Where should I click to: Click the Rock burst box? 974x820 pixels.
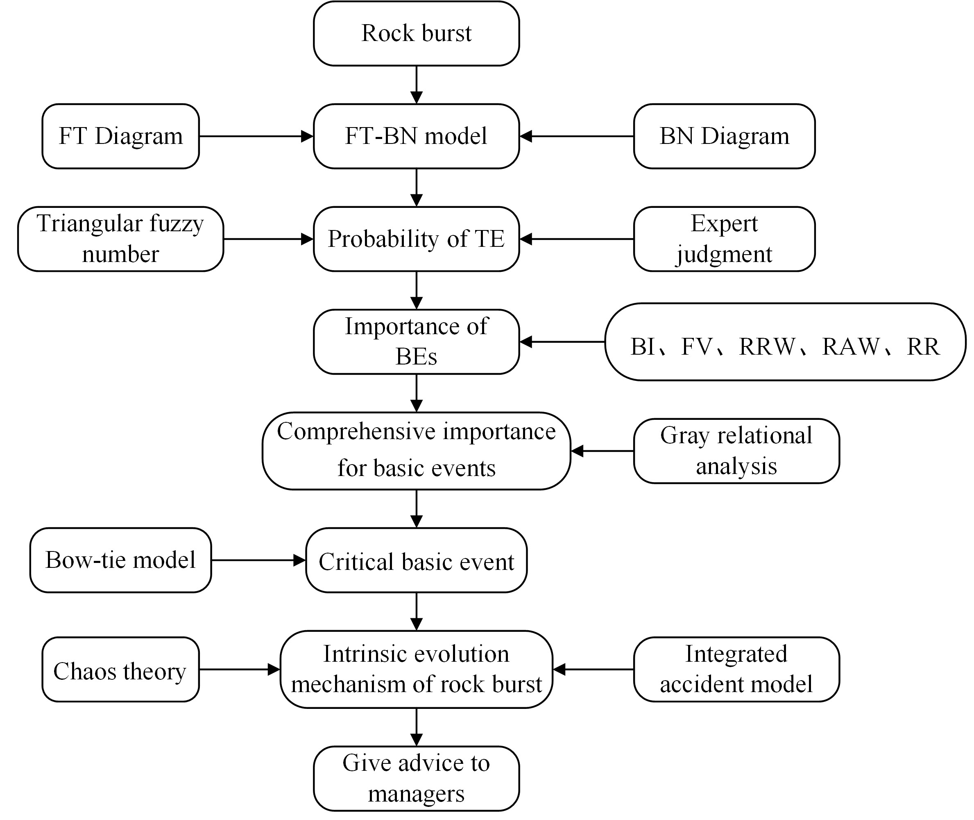click(x=416, y=34)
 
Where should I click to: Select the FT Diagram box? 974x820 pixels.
click(x=121, y=136)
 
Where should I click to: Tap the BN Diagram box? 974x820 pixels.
click(x=724, y=136)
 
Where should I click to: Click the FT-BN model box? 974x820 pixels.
click(x=416, y=136)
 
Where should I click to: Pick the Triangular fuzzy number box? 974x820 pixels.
click(x=121, y=239)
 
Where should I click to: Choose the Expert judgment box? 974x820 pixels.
click(x=724, y=239)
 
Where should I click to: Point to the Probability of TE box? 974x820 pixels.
click(x=416, y=239)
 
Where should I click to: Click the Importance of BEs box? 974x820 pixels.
click(x=416, y=342)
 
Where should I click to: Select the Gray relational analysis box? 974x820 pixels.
click(x=736, y=451)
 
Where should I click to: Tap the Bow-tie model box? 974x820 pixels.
click(x=121, y=560)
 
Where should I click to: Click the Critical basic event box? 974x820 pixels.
click(x=416, y=560)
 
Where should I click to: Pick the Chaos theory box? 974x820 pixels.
click(x=121, y=670)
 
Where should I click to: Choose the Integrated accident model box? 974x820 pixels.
click(x=736, y=670)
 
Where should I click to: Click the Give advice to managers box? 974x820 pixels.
click(x=416, y=779)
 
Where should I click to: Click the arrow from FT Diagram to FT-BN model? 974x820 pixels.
click(x=256, y=136)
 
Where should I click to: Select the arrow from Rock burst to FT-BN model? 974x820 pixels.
click(x=417, y=85)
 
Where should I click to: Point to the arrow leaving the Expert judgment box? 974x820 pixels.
click(x=576, y=239)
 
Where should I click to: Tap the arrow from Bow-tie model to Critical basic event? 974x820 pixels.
click(x=259, y=560)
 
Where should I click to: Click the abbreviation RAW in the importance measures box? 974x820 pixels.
click(x=851, y=346)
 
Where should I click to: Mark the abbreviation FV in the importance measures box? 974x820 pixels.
click(x=696, y=346)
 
